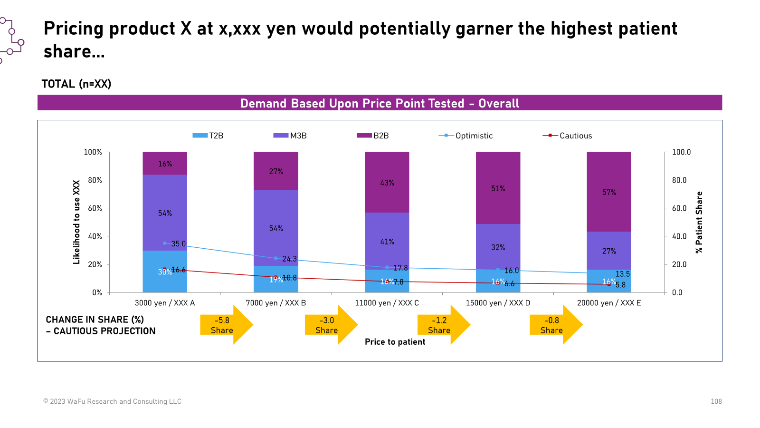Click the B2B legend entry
coord(373,136)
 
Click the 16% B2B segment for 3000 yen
coord(165,164)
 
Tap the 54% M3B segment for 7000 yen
coord(276,228)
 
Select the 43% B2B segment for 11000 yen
coord(387,183)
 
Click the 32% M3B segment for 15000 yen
coord(498,247)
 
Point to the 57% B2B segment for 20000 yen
coord(609,192)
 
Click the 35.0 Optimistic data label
coord(179,244)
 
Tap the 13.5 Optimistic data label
coord(623,274)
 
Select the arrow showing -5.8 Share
coord(226,325)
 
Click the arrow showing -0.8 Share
coord(555,325)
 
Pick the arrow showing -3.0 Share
coord(330,325)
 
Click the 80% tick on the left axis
coord(95,180)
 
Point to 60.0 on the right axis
coord(679,208)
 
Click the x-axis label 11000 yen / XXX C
coord(387,303)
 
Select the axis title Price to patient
coord(395,342)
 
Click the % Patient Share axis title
coord(699,222)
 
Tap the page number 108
coord(716,401)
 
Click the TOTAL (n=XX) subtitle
coord(76,84)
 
